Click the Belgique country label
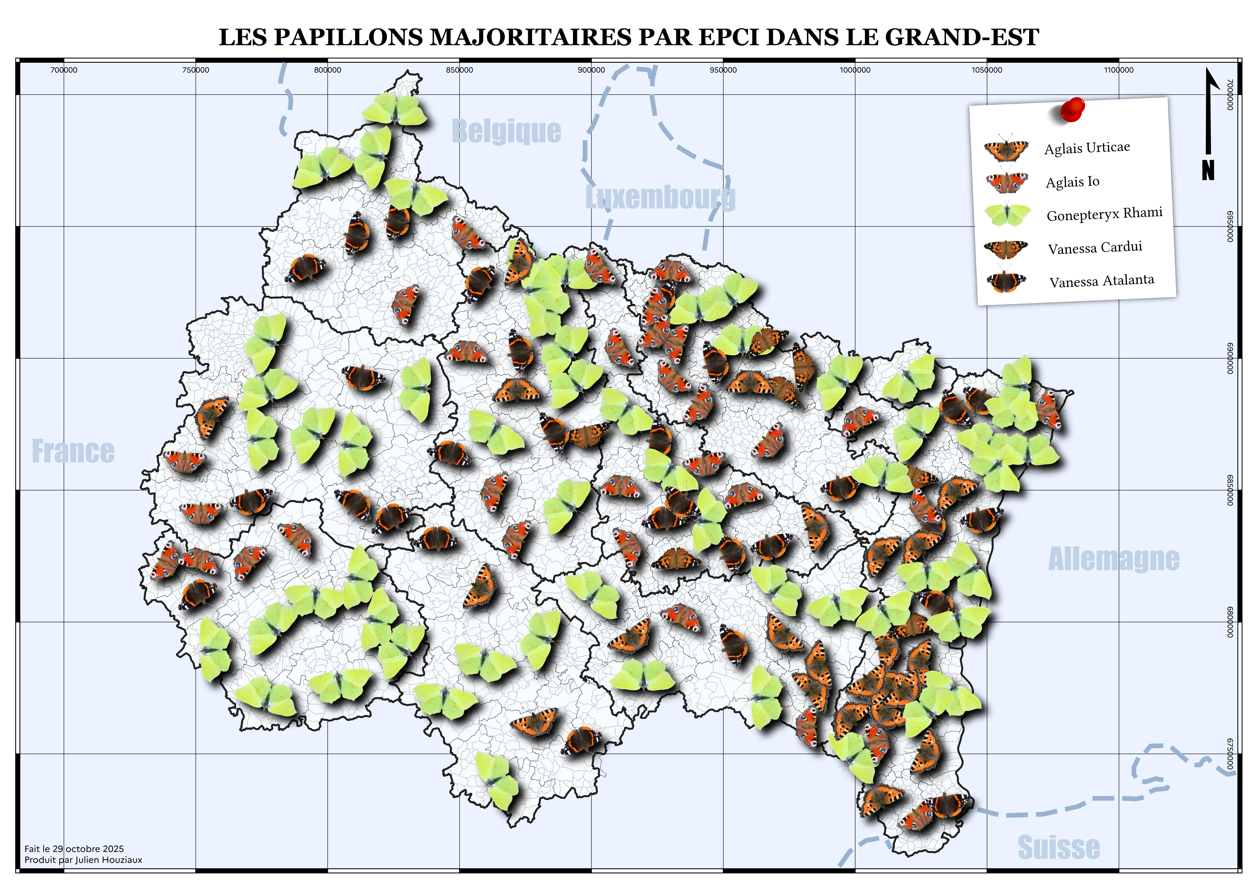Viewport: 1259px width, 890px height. pos(506,132)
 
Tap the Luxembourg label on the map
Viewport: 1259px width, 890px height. pos(660,197)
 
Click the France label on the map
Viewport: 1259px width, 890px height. pos(73,451)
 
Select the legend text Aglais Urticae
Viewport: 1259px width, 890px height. pos(1087,147)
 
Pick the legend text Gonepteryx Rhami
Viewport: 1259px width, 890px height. pos(1104,214)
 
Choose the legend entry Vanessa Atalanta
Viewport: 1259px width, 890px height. pos(1102,281)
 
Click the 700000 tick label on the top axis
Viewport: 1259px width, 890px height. pos(64,70)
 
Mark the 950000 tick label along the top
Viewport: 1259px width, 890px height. pos(723,70)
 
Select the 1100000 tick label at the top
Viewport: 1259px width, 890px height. pos(1119,70)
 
